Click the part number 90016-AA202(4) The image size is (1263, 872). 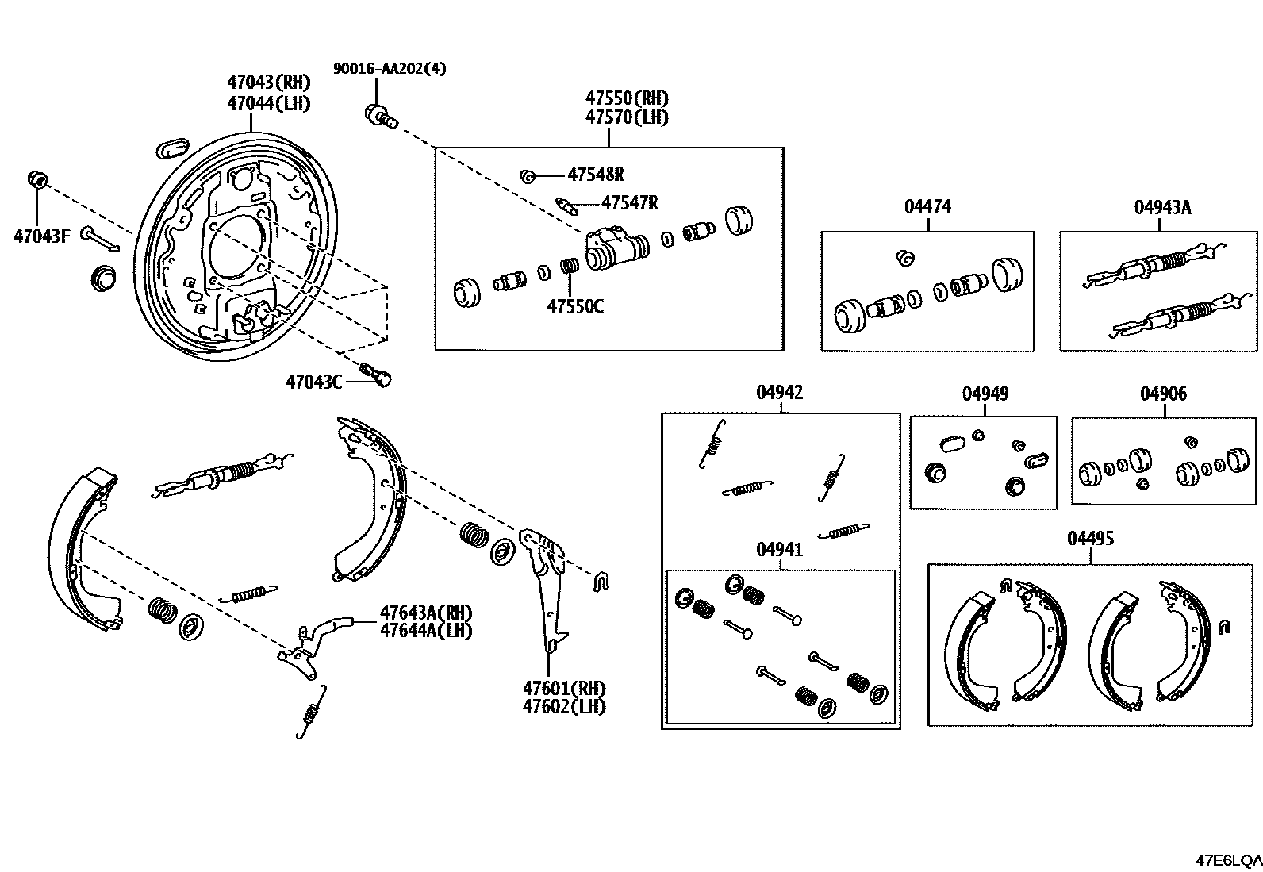pyautogui.click(x=389, y=69)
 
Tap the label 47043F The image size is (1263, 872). pyautogui.click(x=41, y=236)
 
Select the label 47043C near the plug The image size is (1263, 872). pyautogui.click(x=313, y=382)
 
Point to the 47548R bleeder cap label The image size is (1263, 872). pyautogui.click(x=595, y=175)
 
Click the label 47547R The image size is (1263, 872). pyautogui.click(x=629, y=202)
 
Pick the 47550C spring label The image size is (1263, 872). pyautogui.click(x=574, y=306)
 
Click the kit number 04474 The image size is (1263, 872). pyautogui.click(x=927, y=207)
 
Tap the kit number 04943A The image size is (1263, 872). pyautogui.click(x=1162, y=208)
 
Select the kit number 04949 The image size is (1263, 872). pyautogui.click(x=985, y=394)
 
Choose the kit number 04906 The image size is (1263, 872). pyautogui.click(x=1164, y=394)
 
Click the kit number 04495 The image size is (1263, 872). pyautogui.click(x=1090, y=539)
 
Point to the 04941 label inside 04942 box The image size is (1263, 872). pyautogui.click(x=779, y=550)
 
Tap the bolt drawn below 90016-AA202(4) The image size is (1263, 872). pyautogui.click(x=379, y=116)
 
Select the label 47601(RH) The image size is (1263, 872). pyautogui.click(x=564, y=688)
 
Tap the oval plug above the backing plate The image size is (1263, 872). pyautogui.click(x=171, y=146)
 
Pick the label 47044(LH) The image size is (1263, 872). pyautogui.click(x=268, y=104)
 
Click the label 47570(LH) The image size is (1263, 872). pyautogui.click(x=627, y=117)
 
